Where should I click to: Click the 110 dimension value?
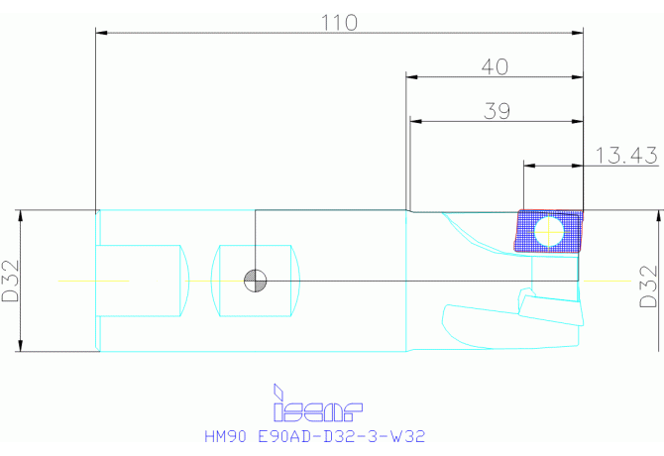[340, 22]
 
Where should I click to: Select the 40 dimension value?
[495, 66]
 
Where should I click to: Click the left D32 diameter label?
[12, 283]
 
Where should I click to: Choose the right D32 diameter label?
[648, 285]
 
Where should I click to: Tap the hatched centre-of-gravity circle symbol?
[256, 282]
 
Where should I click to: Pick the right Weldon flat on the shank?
[257, 282]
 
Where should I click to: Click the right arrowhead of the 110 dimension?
[579, 33]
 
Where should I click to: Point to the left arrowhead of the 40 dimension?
[410, 76]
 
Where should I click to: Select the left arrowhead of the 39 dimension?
[416, 121]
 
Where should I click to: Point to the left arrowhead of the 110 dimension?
[101, 33]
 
